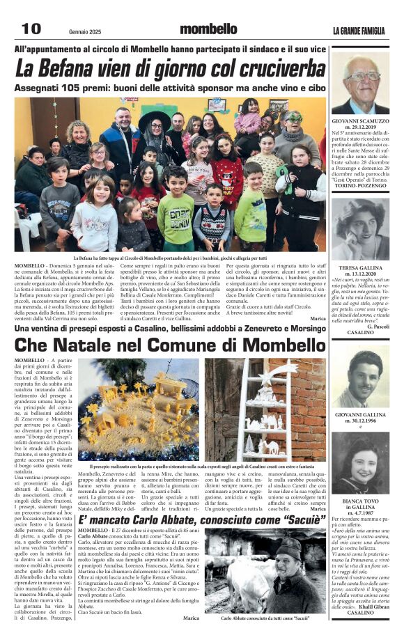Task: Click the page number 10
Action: (31, 29)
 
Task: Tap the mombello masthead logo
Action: (208, 29)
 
